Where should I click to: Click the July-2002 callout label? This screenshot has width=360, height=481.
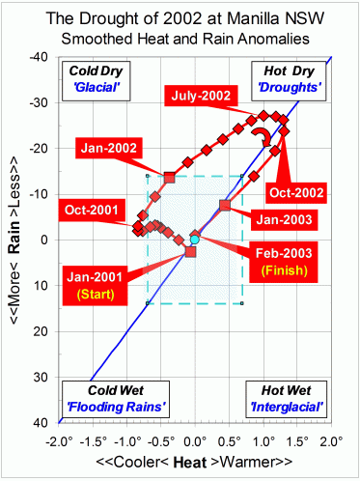202,97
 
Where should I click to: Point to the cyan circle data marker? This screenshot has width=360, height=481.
194,239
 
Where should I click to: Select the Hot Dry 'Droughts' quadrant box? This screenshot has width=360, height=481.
291,77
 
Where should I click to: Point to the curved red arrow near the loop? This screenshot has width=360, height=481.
259,140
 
